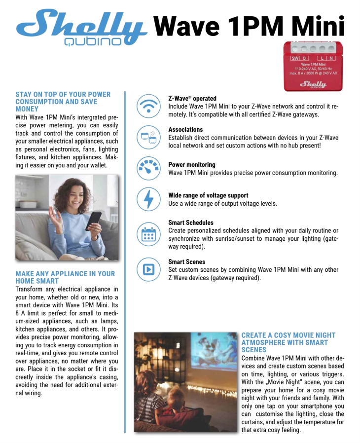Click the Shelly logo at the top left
[x=82, y=28]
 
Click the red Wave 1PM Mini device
[x=313, y=66]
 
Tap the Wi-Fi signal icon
[x=148, y=106]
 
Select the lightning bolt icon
[x=148, y=199]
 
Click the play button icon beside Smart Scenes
[x=148, y=269]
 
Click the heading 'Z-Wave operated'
[x=192, y=99]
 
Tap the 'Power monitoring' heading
[x=191, y=165]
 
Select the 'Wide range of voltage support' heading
[x=208, y=195]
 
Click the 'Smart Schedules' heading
[x=191, y=222]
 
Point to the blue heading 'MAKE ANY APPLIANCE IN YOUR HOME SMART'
[x=65, y=277]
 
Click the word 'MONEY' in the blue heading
[x=27, y=109]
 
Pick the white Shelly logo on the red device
[x=313, y=84]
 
